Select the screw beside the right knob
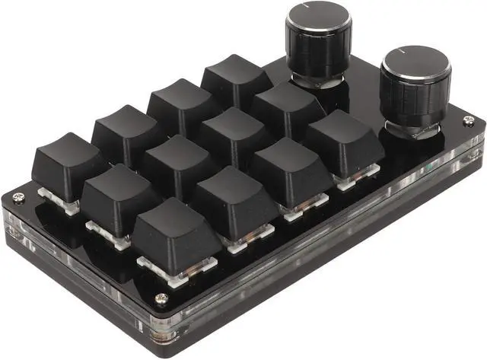[468, 121]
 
